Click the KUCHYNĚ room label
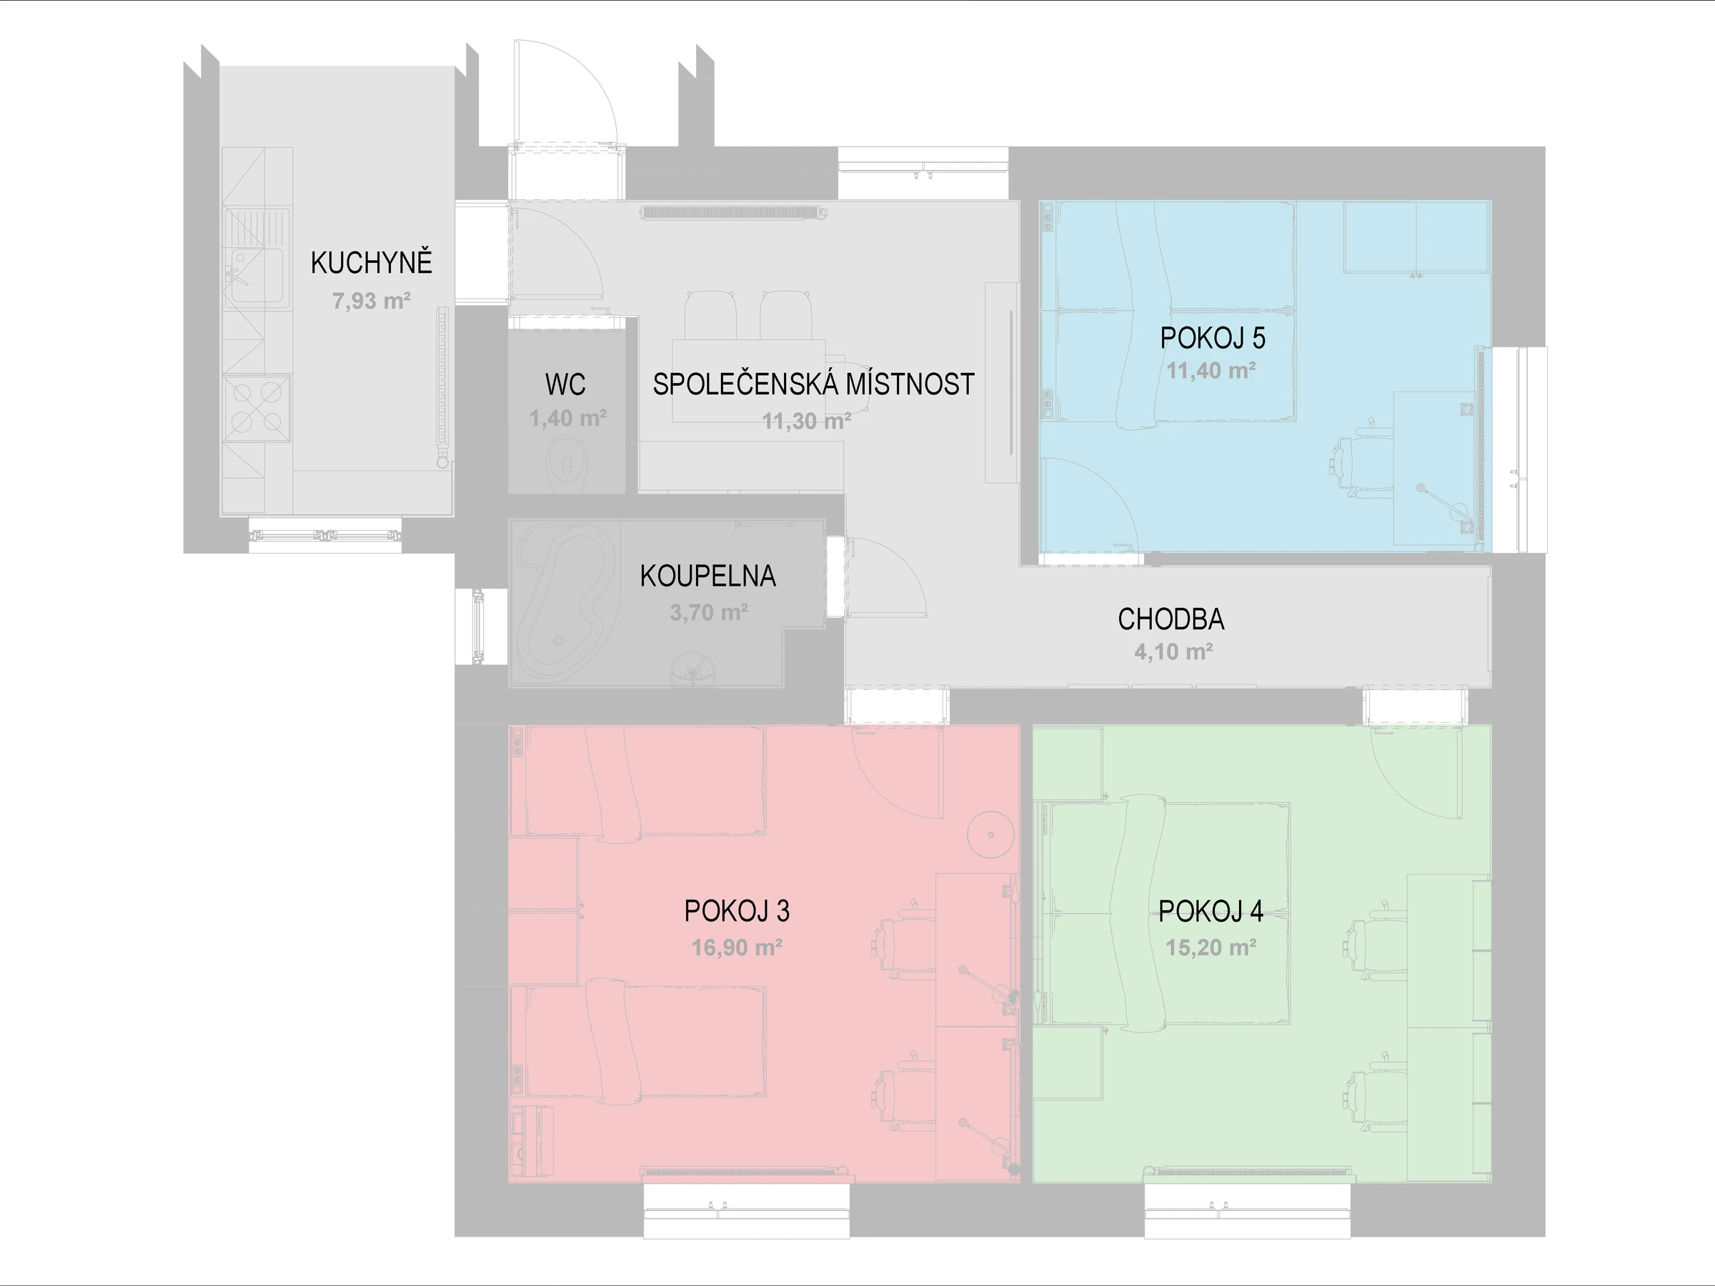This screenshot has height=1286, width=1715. pos(372,263)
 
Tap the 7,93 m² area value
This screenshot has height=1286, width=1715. pos(372,301)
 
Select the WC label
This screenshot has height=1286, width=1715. pos(565,384)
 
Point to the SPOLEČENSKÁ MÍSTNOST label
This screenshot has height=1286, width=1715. pos(813,384)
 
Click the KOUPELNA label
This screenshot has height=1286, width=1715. pos(708,576)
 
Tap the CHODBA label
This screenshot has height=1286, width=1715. pos(1170,619)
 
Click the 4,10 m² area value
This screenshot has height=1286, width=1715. pos(1173,652)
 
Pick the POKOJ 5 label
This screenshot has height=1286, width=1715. pos(1213,338)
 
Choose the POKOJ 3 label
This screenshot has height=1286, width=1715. pos(737,911)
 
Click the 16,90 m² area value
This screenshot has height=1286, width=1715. pos(737,947)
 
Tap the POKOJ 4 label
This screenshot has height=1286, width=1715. pos(1211,911)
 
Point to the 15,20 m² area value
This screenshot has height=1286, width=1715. pos(1211,947)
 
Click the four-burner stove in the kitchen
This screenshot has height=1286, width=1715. pos(257,408)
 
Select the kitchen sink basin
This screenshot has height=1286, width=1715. pos(257,275)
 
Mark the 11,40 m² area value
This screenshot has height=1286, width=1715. pos(1211,371)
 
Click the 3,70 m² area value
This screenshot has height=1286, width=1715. pos(709,612)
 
